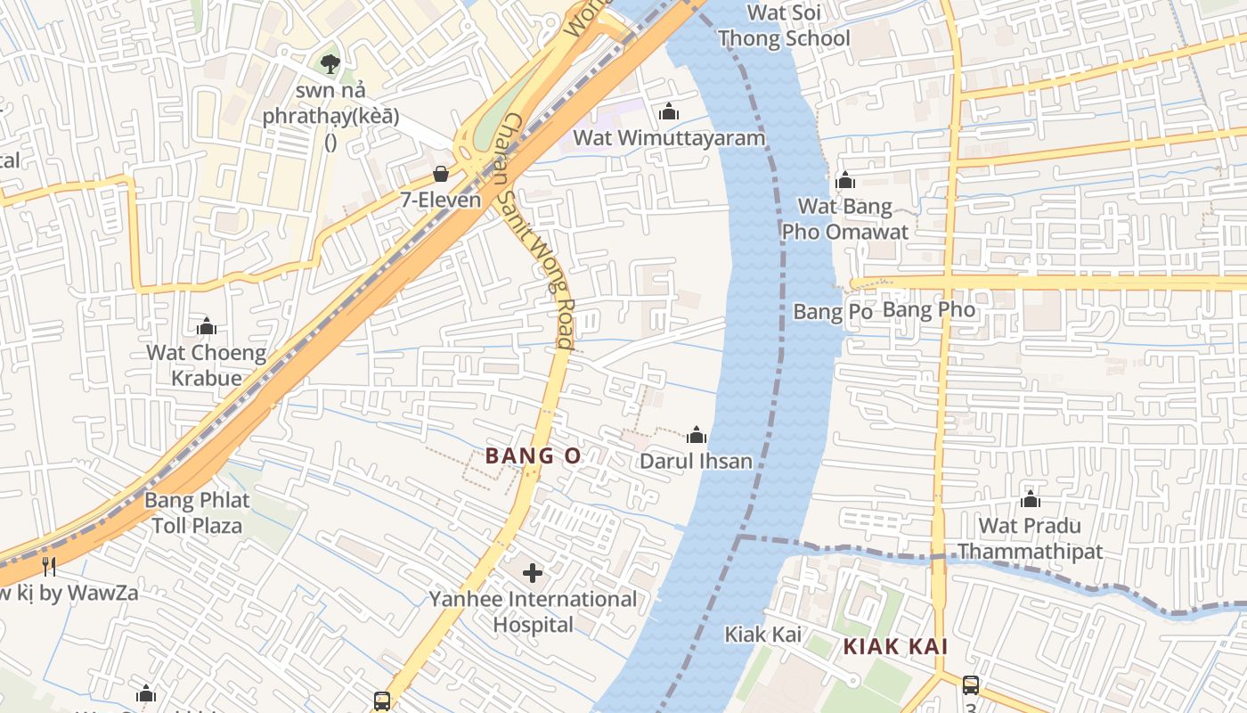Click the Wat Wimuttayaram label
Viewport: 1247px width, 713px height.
(669, 138)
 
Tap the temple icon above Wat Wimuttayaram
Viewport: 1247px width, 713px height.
(669, 111)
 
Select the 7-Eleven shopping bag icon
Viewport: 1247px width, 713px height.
(440, 173)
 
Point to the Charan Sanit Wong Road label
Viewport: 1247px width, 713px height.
(536, 231)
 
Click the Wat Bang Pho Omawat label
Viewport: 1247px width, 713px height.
(844, 219)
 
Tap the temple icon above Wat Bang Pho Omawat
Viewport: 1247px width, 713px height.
(845, 181)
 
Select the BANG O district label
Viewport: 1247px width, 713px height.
(533, 456)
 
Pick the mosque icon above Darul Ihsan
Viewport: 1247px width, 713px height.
(697, 435)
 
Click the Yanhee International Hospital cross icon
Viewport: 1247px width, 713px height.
(533, 572)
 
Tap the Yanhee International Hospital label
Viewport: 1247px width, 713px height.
(533, 611)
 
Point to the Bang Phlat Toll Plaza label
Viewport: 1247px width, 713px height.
(197, 512)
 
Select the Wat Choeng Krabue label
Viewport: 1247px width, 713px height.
(206, 365)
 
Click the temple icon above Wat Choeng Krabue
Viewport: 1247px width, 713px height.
(207, 327)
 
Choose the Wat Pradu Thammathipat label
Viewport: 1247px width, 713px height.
(1030, 538)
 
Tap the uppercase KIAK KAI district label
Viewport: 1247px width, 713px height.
(895, 647)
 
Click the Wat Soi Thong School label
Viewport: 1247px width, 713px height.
(784, 26)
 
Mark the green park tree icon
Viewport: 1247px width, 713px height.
(330, 63)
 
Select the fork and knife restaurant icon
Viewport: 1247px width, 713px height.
(49, 566)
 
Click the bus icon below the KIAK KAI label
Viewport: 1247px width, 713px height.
(970, 685)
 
